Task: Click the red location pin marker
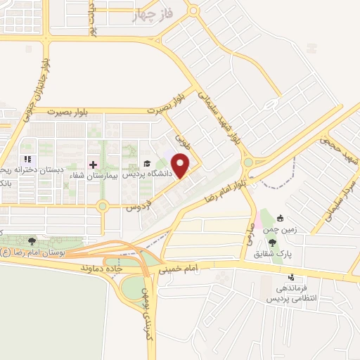pyautogui.click(x=181, y=165)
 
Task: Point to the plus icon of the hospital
pyautogui.click(x=93, y=164)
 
